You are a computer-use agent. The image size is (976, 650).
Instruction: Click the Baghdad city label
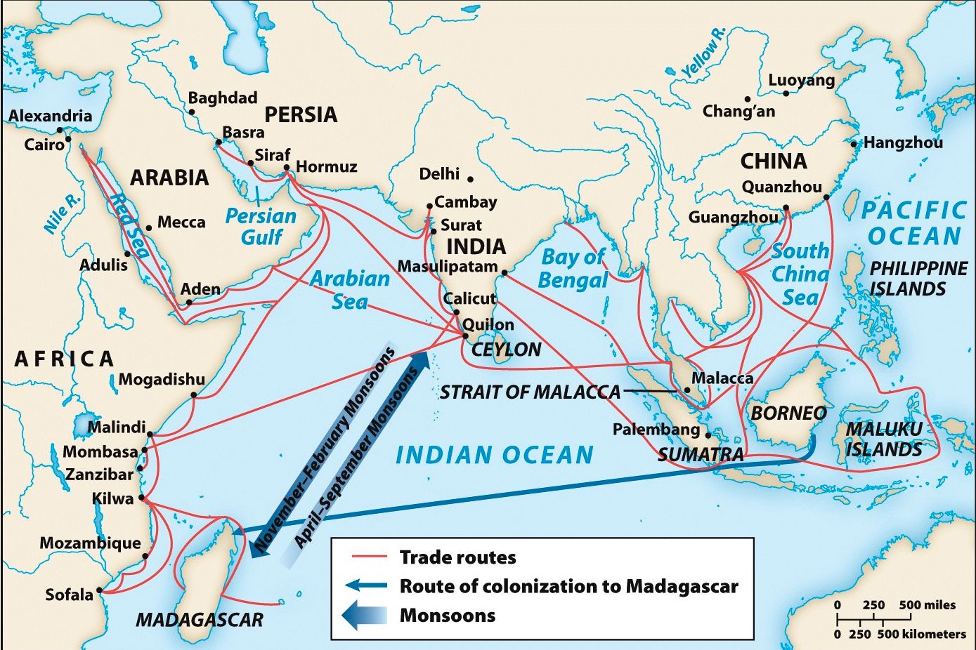223,98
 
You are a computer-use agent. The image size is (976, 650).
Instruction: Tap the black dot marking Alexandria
60,130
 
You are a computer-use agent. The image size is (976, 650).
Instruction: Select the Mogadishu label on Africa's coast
162,380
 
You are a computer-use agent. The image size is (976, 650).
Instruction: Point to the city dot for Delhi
470,180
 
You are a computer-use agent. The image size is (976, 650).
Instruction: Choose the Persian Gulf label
261,226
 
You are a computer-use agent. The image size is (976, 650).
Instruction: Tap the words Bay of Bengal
573,268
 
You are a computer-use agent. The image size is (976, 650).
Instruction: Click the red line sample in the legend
370,557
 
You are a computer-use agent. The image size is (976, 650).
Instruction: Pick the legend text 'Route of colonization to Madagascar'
568,586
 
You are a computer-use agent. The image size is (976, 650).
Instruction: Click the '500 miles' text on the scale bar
928,605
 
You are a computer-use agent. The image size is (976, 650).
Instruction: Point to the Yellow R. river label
703,53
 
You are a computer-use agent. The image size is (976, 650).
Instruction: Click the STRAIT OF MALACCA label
530,392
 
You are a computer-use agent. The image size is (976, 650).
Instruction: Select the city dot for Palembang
708,435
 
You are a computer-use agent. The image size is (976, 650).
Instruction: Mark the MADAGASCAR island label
199,620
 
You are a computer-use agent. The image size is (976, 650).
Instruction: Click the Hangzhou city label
903,143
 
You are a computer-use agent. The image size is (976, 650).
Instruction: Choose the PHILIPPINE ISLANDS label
918,279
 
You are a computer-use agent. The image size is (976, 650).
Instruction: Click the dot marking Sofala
100,590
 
